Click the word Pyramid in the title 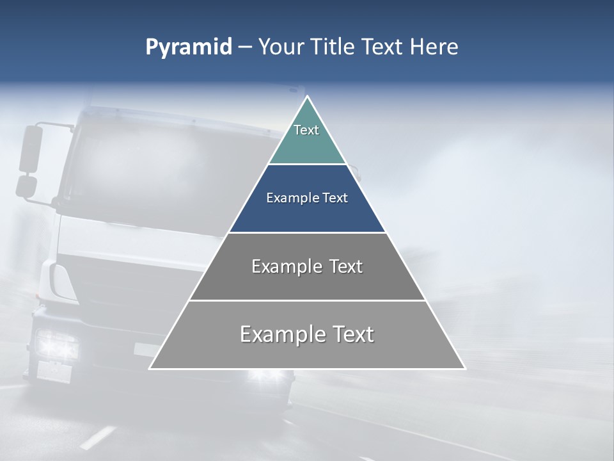(188, 47)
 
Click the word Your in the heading (279, 47)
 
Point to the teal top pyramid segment (307, 138)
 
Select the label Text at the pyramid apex (306, 130)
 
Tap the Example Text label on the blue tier (307, 198)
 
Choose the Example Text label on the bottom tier (307, 334)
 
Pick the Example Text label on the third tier (307, 266)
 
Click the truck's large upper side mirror (30, 149)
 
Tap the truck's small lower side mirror (26, 186)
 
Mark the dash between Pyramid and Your (244, 47)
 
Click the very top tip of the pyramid (307, 97)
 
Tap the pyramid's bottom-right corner (464, 368)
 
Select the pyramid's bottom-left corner (150, 368)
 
